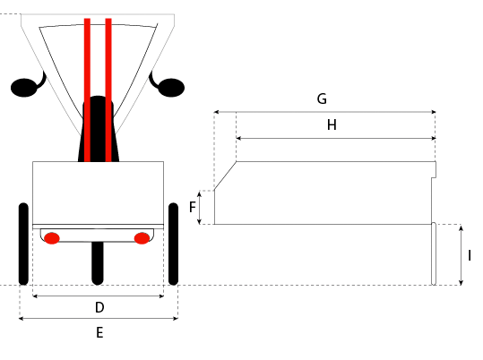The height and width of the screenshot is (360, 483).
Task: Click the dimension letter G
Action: (x=322, y=99)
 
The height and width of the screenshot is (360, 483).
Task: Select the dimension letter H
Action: (x=332, y=125)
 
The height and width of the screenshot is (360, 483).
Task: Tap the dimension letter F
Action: (x=192, y=207)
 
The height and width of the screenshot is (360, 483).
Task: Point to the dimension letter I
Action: (x=470, y=255)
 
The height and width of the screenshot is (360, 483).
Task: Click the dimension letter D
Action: (x=99, y=307)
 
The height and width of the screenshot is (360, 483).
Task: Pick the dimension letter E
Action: (x=99, y=332)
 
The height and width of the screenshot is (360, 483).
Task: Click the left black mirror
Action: (x=28, y=85)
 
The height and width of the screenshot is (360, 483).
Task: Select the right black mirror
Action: (x=168, y=85)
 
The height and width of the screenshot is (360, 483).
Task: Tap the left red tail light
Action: (x=52, y=238)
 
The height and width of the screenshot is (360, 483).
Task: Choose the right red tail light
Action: (x=142, y=238)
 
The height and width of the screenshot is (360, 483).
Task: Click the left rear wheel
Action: (x=23, y=244)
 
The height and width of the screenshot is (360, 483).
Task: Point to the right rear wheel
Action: (x=174, y=244)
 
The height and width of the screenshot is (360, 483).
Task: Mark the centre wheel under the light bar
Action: (x=98, y=263)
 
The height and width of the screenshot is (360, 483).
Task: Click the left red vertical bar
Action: (x=87, y=90)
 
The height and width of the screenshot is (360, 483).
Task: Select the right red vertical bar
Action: (x=108, y=90)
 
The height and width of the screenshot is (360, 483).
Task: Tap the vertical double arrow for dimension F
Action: (x=199, y=207)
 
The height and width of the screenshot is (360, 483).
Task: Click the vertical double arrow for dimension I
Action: (x=461, y=255)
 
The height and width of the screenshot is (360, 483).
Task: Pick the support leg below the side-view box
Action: (x=434, y=253)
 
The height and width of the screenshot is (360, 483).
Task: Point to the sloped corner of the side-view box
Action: (x=225, y=176)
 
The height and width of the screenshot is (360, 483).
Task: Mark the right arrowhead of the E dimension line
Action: (x=177, y=319)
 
